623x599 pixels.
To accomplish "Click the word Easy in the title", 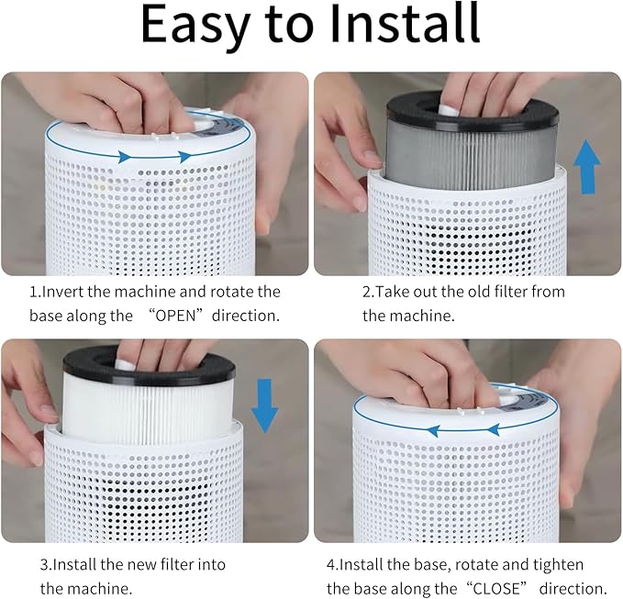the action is click(195, 26).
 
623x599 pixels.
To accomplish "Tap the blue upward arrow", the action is click(587, 167).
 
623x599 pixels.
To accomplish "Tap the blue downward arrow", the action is click(265, 405).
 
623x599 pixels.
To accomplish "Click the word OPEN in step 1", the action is click(175, 316).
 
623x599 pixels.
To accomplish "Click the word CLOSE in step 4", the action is click(496, 589).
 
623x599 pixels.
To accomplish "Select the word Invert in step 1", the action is click(62, 292).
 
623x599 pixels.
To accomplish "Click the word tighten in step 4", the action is click(558, 565).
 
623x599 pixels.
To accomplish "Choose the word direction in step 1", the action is click(246, 316).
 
